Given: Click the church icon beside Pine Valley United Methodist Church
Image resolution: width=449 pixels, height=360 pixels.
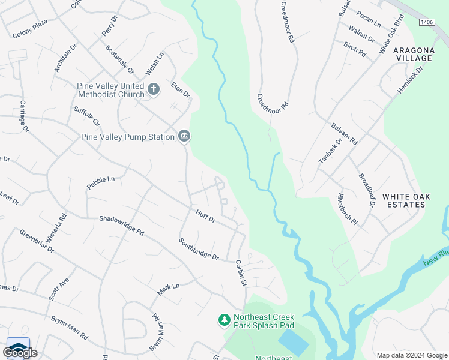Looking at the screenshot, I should click(154, 90).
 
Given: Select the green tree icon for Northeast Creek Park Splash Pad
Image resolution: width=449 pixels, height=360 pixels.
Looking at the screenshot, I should click(224, 320).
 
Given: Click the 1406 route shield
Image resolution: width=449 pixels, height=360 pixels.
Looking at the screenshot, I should click(426, 22).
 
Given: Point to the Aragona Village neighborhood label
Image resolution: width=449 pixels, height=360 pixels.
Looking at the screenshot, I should click(414, 54).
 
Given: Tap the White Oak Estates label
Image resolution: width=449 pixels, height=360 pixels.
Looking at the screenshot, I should click(403, 200).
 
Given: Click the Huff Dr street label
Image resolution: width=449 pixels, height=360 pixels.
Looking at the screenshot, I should click(205, 215).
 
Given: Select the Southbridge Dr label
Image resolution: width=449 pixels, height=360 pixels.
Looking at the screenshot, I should click(199, 249).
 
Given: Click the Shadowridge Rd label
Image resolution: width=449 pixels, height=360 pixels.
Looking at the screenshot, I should click(122, 226).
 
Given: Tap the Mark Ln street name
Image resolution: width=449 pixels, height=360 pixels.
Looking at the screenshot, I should click(169, 289).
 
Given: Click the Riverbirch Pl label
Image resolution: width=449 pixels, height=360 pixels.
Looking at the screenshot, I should click(348, 209).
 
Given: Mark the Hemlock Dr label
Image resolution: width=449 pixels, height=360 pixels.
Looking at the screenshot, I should click(410, 79).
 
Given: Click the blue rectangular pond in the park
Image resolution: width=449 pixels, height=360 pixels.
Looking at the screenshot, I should click(294, 343).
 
